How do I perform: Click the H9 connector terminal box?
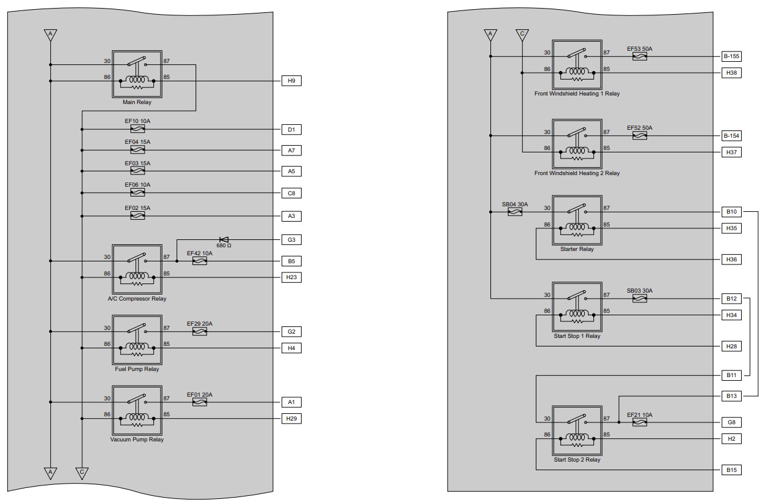(x=291, y=81)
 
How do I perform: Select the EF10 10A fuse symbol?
(x=138, y=129)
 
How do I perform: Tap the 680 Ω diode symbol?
(x=224, y=240)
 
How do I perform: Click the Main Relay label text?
(x=137, y=102)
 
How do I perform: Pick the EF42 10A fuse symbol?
(x=200, y=261)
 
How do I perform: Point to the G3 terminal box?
(x=291, y=240)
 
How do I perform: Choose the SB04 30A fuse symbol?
(x=515, y=212)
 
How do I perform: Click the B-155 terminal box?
(x=731, y=56)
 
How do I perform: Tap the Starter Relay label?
(x=577, y=249)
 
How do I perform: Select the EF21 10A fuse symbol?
(x=640, y=422)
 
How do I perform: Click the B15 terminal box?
(x=731, y=470)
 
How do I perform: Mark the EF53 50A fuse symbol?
(x=640, y=56)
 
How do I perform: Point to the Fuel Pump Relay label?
(x=137, y=369)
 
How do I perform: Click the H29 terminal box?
(x=291, y=419)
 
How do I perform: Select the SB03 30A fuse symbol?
(x=640, y=299)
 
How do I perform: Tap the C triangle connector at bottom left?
(x=82, y=473)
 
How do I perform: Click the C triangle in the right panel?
(x=522, y=35)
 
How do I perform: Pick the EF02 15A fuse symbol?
(x=138, y=216)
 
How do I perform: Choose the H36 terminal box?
(x=731, y=260)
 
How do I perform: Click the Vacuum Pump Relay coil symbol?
(x=137, y=417)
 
